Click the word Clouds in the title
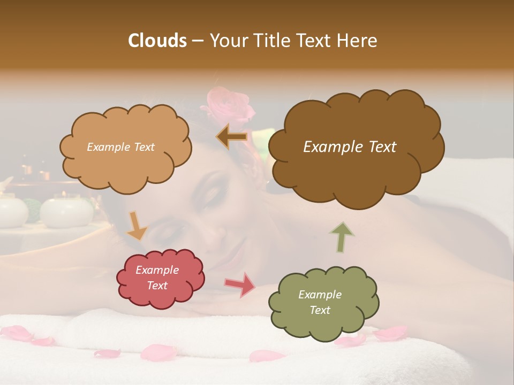pyautogui.click(x=157, y=41)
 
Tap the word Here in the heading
pyautogui.click(x=358, y=41)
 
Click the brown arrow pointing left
pyautogui.click(x=232, y=137)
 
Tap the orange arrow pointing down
pyautogui.click(x=136, y=225)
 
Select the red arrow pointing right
pyautogui.click(x=240, y=284)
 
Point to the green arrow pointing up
pyautogui.click(x=342, y=237)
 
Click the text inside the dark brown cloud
pyautogui.click(x=350, y=147)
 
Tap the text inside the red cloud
pyautogui.click(x=157, y=278)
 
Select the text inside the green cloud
pyautogui.click(x=320, y=302)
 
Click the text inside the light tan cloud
pyautogui.click(x=120, y=147)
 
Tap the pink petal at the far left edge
pyautogui.click(x=16, y=333)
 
